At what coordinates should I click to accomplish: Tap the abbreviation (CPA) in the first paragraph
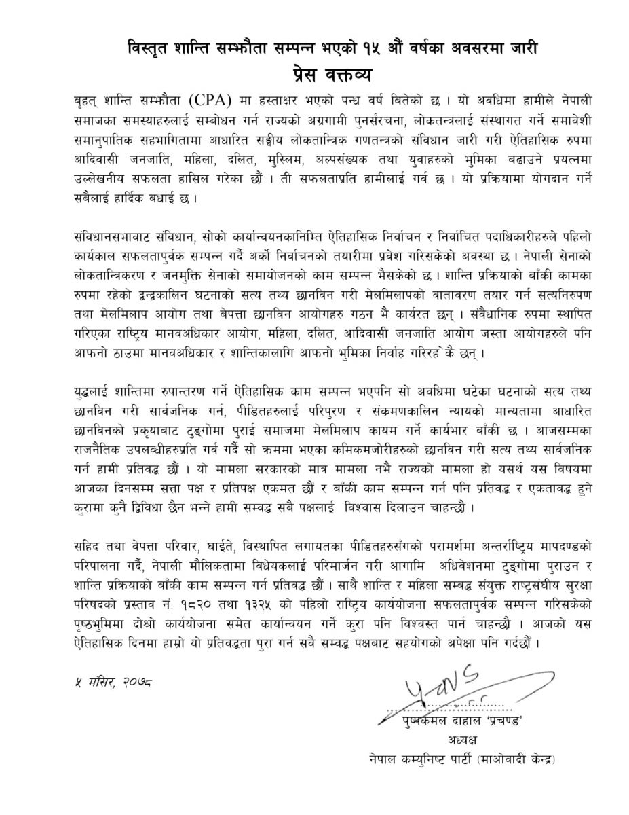point(212,101)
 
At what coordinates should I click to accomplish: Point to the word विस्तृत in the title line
point(152,48)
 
